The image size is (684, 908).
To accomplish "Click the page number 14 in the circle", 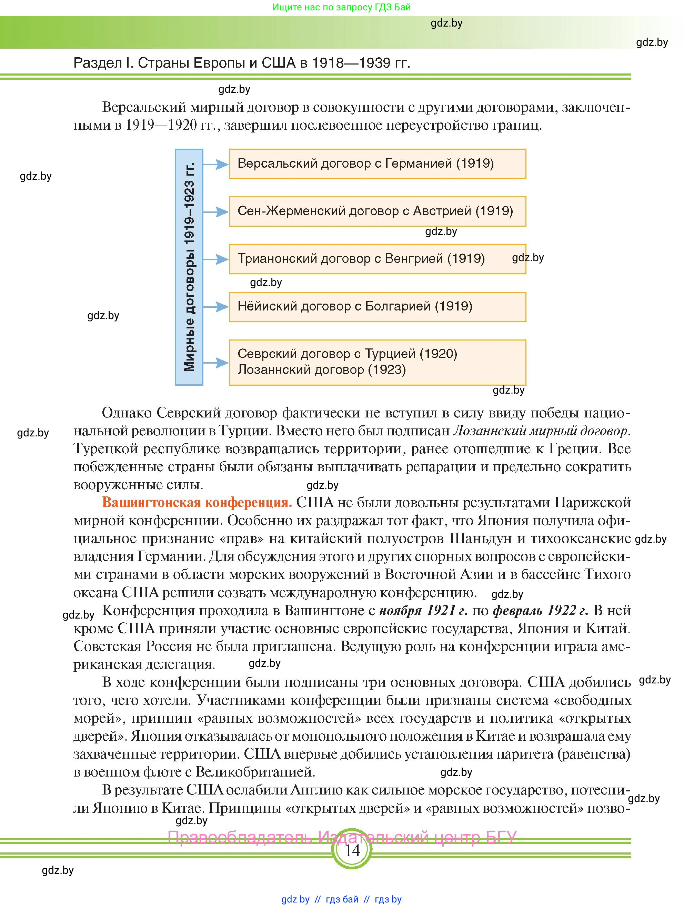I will [x=352, y=850].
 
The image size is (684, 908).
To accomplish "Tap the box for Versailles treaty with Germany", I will [x=377, y=164].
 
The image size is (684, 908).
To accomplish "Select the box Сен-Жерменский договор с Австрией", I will [x=377, y=211].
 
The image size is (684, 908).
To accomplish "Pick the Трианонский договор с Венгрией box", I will [x=377, y=259].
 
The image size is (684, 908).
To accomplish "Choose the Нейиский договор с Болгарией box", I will [x=377, y=307].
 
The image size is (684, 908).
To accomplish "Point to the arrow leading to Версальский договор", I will [x=216, y=165].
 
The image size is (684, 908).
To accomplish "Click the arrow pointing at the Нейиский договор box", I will [x=216, y=307].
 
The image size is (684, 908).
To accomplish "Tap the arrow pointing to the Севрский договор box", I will [x=216, y=363].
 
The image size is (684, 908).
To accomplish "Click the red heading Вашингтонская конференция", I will [x=197, y=502].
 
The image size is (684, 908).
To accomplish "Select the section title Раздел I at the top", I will [x=242, y=63].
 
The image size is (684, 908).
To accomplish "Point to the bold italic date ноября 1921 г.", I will [x=423, y=610].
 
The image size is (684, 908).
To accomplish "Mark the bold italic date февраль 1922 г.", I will [x=540, y=610].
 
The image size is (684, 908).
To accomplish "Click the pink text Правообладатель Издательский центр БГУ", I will [x=342, y=837].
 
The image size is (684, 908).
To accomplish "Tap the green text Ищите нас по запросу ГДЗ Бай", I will [x=341, y=7].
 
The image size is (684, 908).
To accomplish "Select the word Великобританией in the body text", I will [x=255, y=772].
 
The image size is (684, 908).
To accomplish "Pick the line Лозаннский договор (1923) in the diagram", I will [x=322, y=370].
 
